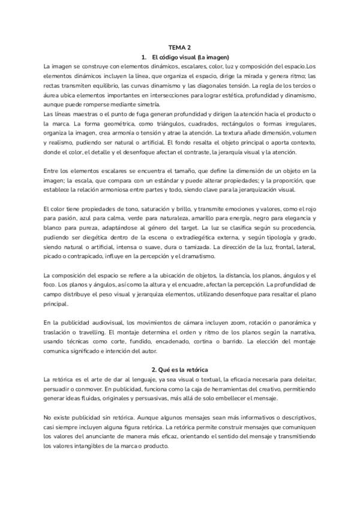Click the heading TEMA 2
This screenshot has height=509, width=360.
(180, 47)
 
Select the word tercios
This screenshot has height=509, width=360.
(285, 85)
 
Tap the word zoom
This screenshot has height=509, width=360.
(224, 322)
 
